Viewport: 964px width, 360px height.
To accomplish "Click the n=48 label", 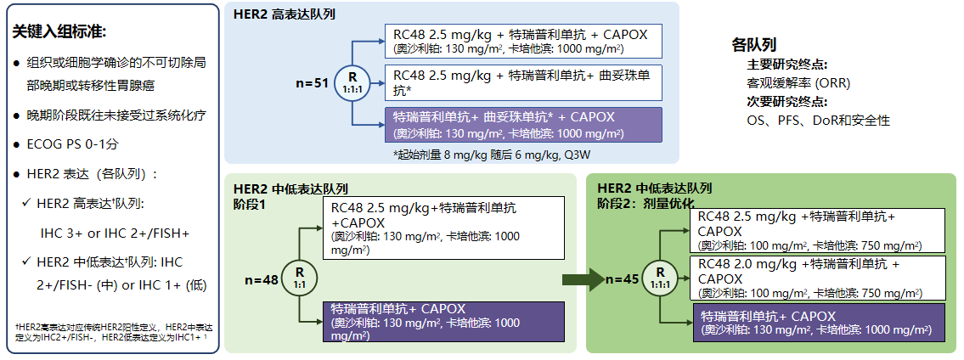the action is click(262, 280).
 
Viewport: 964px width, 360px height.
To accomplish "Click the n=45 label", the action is click(623, 279).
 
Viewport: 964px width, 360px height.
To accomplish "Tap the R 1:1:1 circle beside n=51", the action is click(352, 83).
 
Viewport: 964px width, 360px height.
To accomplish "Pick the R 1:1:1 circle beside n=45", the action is click(660, 277).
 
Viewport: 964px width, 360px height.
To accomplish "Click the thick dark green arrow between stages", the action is click(583, 279).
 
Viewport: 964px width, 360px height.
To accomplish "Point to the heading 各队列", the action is click(753, 44).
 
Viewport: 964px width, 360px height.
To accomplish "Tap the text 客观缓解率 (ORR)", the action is click(798, 83).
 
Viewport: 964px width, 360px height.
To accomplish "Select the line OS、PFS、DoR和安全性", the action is click(818, 121).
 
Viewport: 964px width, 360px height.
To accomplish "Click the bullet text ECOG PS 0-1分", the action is click(72, 144).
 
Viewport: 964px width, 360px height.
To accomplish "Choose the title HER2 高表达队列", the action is click(284, 14).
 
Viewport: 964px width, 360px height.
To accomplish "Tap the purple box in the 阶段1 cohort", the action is click(444, 321).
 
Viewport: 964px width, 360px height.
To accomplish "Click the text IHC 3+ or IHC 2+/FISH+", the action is click(115, 233).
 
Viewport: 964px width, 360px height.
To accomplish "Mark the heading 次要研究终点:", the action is click(787, 102).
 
